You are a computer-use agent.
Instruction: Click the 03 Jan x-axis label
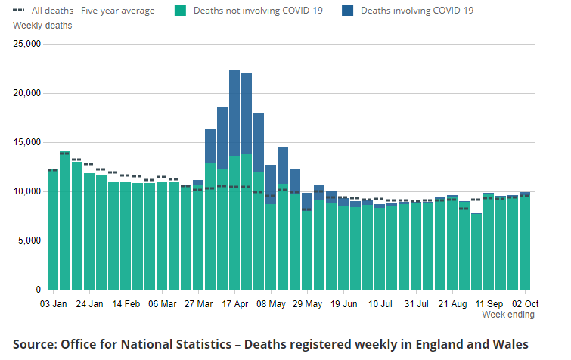(x=53, y=304)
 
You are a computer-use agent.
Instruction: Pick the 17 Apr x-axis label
(x=235, y=304)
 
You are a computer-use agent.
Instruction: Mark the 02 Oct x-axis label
(x=525, y=304)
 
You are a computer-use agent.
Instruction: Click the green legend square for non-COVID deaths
(x=180, y=11)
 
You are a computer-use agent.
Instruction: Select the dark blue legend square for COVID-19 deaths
(x=347, y=11)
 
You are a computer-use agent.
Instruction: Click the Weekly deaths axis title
(x=42, y=26)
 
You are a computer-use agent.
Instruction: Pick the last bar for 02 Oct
(x=525, y=242)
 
